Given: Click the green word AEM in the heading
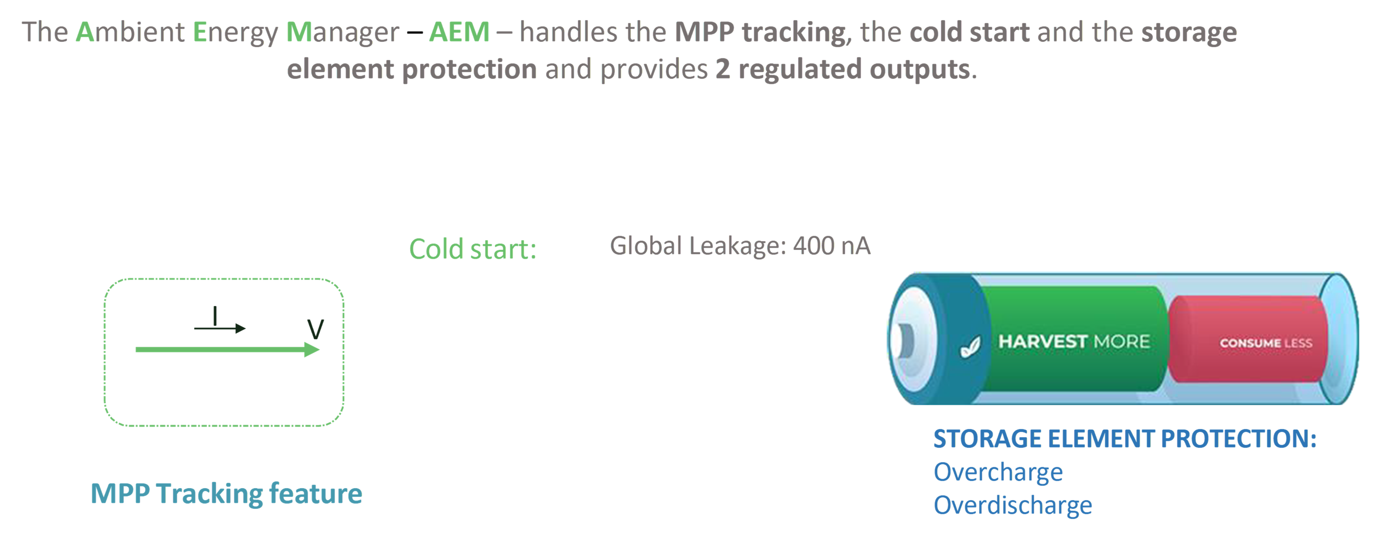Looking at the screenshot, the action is [459, 32].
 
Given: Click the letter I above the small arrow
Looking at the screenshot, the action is [215, 316].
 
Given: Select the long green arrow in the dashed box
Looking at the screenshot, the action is [227, 350].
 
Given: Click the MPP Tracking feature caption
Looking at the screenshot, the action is [226, 494].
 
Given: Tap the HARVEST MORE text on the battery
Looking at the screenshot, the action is [1074, 342].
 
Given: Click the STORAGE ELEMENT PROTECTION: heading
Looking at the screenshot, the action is [1125, 439].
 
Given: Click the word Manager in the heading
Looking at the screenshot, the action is [343, 33].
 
